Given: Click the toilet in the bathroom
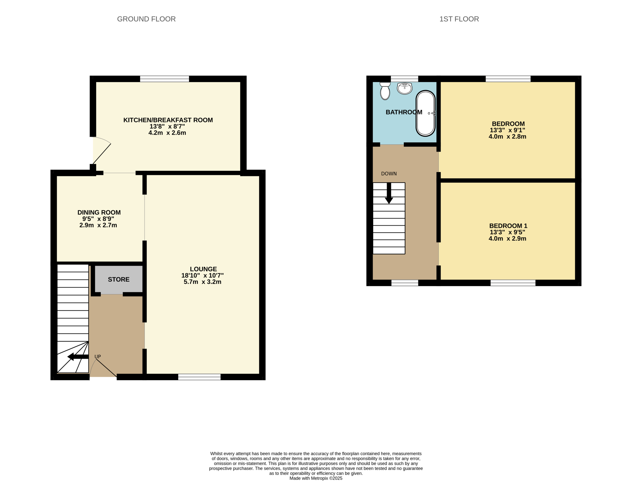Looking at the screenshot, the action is tap(385, 91).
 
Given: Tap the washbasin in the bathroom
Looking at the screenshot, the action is tap(405, 88).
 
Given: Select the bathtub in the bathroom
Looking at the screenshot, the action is tap(426, 113).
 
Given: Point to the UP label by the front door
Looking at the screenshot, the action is tap(98, 357).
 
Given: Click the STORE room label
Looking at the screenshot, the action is tap(118, 279).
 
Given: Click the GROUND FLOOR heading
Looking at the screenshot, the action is tap(146, 19).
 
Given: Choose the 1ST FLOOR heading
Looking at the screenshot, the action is tap(459, 19).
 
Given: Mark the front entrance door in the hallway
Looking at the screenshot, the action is tap(103, 368).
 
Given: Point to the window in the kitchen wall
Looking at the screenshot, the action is tap(164, 79).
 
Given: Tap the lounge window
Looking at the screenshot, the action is tap(199, 377).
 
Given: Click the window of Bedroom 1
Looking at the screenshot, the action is tap(513, 283).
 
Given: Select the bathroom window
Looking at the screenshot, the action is tap(405, 79).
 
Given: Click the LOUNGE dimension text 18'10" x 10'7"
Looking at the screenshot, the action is tap(202, 276).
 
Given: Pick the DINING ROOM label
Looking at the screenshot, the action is tap(99, 212).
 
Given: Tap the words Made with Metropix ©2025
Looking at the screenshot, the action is tap(316, 478).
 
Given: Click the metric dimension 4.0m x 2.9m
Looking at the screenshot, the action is tap(507, 239).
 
